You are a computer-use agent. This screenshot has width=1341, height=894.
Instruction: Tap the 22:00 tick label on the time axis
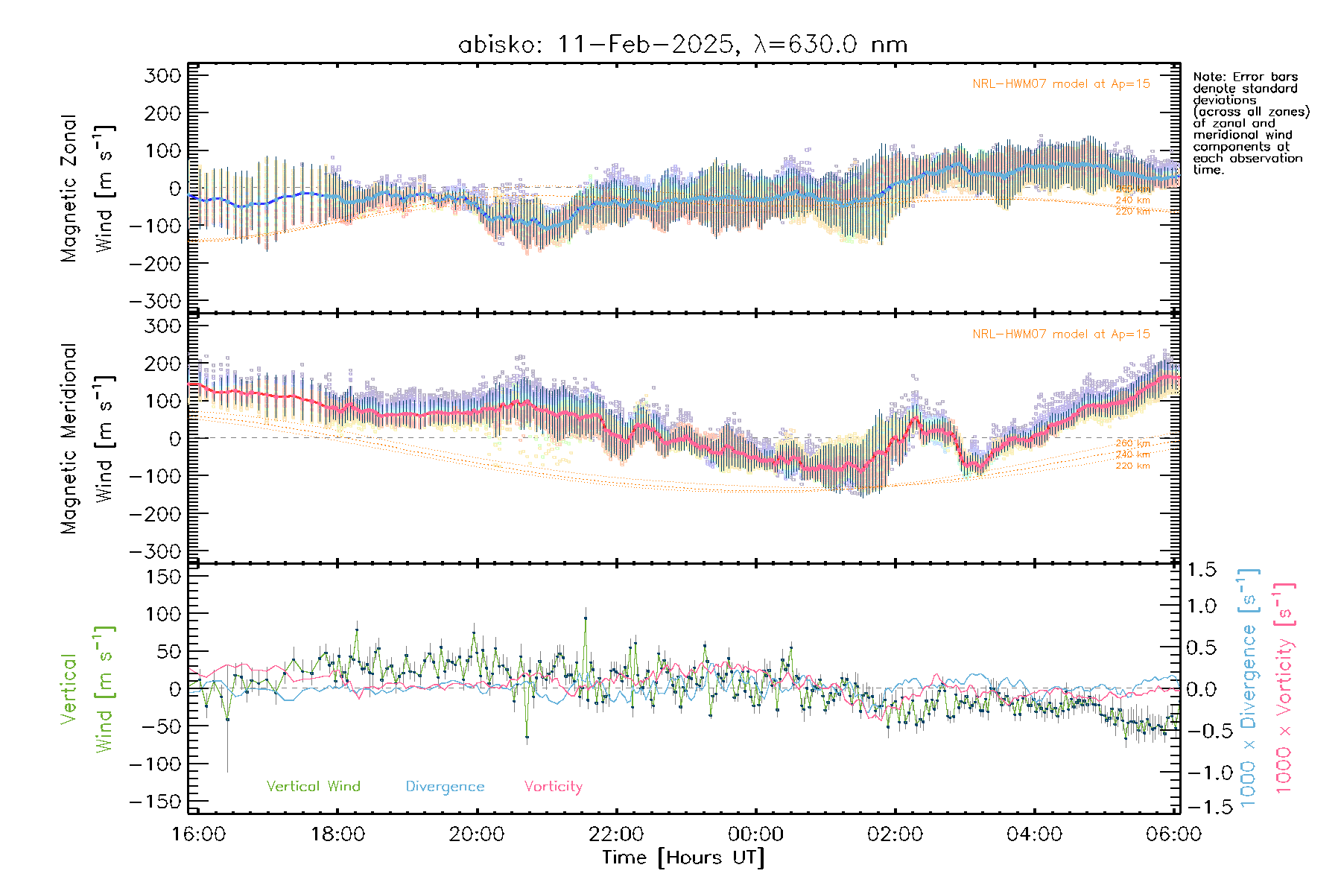616,834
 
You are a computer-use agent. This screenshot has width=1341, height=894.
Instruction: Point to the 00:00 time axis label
755,834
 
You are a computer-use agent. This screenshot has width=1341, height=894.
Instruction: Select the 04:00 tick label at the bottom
1034,834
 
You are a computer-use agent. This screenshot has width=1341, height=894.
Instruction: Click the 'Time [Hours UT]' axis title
683,857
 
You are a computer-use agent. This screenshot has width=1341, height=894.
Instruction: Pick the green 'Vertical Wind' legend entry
313,786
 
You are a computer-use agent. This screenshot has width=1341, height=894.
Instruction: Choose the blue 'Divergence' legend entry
445,786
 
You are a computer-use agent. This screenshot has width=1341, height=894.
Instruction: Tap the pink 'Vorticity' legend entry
553,786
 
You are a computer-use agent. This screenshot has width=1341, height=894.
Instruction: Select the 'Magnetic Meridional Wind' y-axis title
87,438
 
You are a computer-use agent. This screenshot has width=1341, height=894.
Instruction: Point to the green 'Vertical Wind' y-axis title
87,688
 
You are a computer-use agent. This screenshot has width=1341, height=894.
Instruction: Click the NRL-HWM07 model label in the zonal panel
1061,83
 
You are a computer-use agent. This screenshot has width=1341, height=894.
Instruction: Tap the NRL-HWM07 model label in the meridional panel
1061,334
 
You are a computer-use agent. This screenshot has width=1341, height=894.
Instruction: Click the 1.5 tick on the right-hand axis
1201,570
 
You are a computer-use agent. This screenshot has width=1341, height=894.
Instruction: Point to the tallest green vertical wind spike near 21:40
586,618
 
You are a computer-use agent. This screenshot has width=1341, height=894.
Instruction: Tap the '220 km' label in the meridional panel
1132,466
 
